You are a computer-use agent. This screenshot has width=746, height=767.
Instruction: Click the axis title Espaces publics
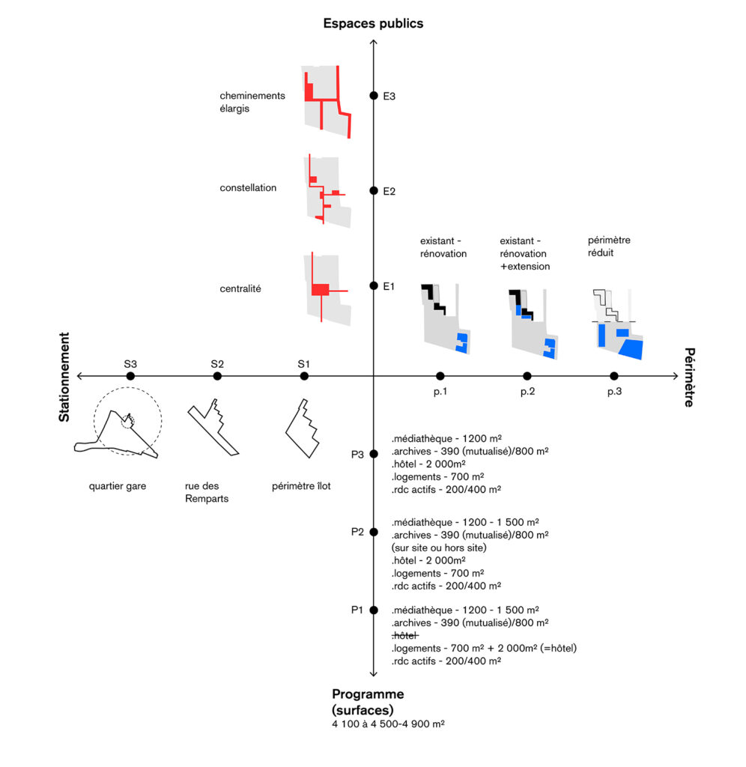coord(373,23)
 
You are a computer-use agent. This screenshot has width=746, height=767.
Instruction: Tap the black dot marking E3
coord(374,96)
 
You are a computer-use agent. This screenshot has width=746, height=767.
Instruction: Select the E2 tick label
coord(389,192)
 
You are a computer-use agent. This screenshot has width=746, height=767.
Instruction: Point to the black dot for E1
coord(374,286)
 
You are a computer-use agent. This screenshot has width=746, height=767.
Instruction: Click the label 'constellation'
coord(248,188)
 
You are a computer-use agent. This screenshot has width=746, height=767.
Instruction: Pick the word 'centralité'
coord(240,288)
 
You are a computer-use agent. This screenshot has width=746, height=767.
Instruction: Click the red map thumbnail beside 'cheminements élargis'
coord(327,101)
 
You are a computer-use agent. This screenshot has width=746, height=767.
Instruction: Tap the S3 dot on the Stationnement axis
coord(130,376)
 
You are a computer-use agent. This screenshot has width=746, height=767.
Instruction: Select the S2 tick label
coord(216,364)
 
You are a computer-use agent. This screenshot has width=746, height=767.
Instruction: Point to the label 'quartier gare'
coord(118,486)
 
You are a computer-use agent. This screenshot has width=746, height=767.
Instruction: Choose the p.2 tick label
coord(527,392)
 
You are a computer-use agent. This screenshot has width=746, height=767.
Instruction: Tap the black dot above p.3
coord(614,376)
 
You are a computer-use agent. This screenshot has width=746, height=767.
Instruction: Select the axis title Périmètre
coord(690,377)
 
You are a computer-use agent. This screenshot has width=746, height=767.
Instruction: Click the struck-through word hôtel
coord(405,636)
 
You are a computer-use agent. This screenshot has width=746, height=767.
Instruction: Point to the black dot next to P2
coord(374,532)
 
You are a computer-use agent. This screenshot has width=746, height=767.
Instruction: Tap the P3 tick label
coord(357,454)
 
